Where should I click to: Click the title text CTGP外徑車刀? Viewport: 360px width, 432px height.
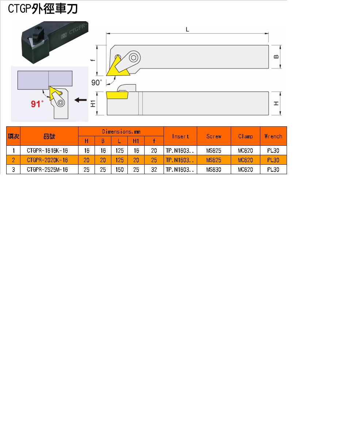[43, 9]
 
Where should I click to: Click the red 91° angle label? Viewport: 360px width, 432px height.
[37, 104]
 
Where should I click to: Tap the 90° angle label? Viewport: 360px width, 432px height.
[96, 83]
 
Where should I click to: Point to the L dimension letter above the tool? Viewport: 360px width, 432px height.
[187, 30]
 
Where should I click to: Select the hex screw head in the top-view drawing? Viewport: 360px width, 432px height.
[134, 58]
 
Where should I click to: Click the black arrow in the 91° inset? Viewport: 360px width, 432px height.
[80, 100]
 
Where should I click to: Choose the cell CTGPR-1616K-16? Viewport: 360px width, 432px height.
[47, 150]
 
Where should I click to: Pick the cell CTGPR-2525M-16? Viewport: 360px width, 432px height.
[47, 169]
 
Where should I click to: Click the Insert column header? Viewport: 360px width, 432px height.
[180, 136]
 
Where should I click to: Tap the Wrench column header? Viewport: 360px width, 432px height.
[273, 136]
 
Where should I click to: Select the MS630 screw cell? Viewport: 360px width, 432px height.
[214, 169]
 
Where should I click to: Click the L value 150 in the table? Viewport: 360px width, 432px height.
[119, 169]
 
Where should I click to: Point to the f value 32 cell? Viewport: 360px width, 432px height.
[154, 169]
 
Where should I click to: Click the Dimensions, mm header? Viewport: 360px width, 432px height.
[121, 132]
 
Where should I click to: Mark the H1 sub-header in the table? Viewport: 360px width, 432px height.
[136, 141]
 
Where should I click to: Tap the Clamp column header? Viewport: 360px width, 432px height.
[245, 136]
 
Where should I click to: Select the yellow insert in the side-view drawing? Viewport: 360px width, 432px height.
[117, 95]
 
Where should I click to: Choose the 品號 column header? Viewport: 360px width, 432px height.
[49, 136]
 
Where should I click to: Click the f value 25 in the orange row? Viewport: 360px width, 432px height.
[154, 160]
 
